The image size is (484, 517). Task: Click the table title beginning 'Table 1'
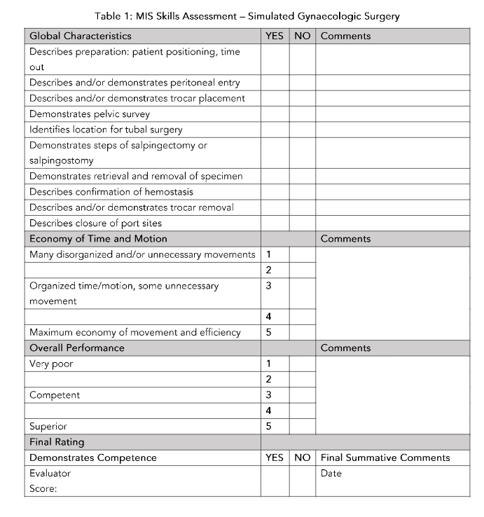click(242, 16)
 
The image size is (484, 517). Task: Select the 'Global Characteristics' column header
click(80, 36)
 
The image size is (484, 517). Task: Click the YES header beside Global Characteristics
click(275, 36)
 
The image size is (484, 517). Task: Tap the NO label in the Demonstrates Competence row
click(302, 457)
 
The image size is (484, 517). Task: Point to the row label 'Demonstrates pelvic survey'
click(89, 113)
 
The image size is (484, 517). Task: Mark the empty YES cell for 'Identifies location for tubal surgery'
click(275, 130)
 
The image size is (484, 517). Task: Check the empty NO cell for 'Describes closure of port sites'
click(302, 223)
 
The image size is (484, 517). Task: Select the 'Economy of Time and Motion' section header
click(98, 239)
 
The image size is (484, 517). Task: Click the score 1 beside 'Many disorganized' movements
click(268, 254)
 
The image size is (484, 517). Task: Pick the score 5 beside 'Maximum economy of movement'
click(268, 332)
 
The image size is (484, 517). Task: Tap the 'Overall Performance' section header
click(76, 348)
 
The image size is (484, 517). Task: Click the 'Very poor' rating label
click(50, 364)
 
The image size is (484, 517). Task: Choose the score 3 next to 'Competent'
click(268, 395)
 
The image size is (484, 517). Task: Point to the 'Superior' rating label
click(48, 426)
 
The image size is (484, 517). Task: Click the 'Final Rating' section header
click(57, 442)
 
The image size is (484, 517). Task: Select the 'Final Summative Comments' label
click(385, 457)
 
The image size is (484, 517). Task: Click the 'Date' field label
click(331, 474)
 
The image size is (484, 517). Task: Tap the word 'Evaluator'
click(50, 474)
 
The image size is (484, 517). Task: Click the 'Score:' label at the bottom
click(43, 489)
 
